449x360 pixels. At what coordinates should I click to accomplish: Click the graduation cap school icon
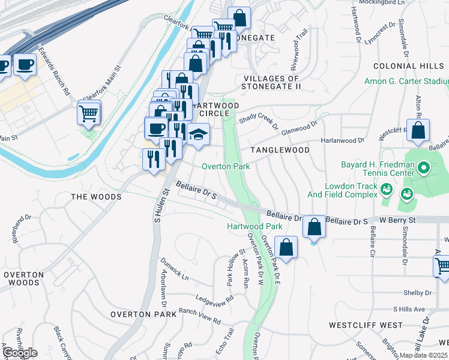[198, 134]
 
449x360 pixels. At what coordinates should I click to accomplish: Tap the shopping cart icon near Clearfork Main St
[89, 112]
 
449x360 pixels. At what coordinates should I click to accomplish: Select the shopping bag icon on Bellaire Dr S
[314, 227]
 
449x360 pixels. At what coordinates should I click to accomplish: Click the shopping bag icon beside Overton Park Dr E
[286, 247]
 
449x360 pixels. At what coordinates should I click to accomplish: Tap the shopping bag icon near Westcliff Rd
[418, 130]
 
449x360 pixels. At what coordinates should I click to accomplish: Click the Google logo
[20, 353]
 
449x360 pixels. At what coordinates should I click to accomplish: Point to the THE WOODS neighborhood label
[96, 197]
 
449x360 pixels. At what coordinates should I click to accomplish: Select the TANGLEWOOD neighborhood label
[280, 150]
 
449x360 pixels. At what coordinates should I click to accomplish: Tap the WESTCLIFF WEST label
[366, 325]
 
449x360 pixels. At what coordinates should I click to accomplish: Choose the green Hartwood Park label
[255, 227]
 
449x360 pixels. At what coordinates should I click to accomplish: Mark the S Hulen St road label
[159, 205]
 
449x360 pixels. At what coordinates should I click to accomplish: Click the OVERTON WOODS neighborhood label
[23, 278]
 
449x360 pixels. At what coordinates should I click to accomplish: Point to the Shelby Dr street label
[412, 293]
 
